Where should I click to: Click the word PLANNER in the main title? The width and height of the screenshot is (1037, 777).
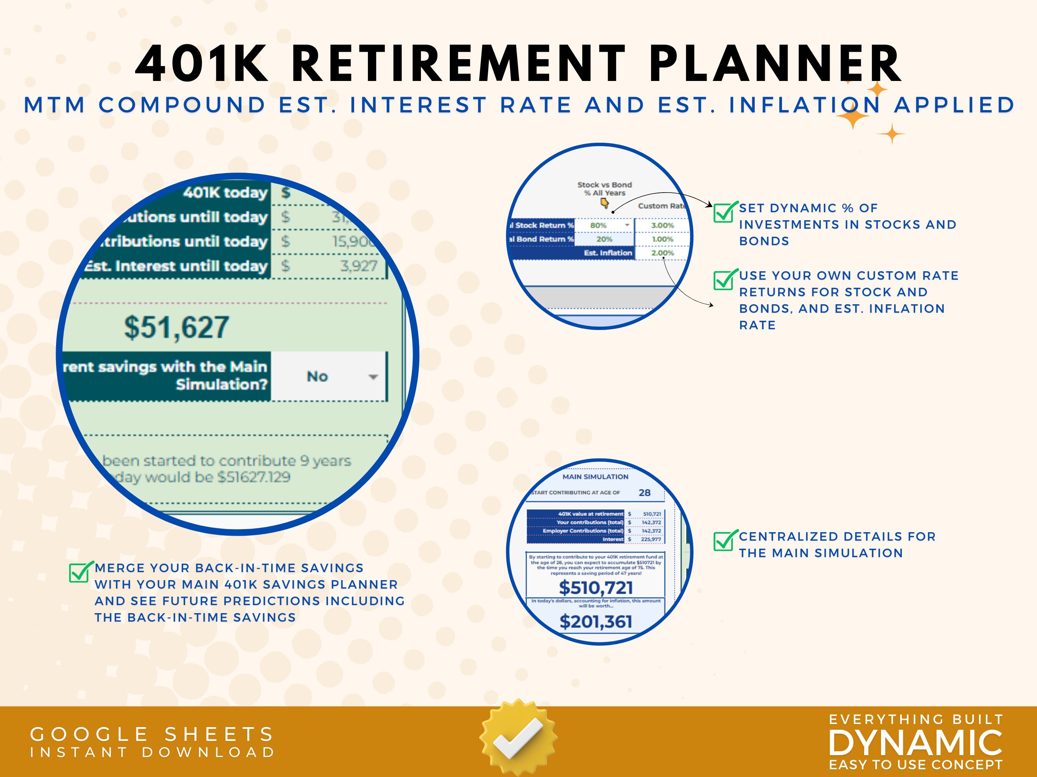click(775, 63)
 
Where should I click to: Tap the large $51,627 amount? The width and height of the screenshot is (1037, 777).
click(176, 327)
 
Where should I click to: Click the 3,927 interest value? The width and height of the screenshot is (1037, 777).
click(358, 266)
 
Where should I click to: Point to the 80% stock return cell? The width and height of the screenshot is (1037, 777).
click(598, 225)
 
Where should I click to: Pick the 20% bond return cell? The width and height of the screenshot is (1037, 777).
click(604, 239)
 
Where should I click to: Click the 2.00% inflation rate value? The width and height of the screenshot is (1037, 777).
click(662, 253)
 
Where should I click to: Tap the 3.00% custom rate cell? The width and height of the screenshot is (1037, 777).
click(662, 225)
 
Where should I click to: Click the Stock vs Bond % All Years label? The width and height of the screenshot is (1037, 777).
click(604, 189)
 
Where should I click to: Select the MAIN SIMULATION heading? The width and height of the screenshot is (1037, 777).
click(595, 477)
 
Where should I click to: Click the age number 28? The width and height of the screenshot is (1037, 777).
click(644, 493)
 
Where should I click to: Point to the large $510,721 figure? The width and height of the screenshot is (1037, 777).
click(595, 587)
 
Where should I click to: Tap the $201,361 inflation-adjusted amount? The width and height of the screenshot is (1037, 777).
click(595, 622)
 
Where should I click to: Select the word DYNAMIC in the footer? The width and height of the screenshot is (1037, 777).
click(915, 743)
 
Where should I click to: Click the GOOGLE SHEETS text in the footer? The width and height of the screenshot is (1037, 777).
click(152, 734)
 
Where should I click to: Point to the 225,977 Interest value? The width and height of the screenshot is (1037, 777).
click(650, 539)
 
